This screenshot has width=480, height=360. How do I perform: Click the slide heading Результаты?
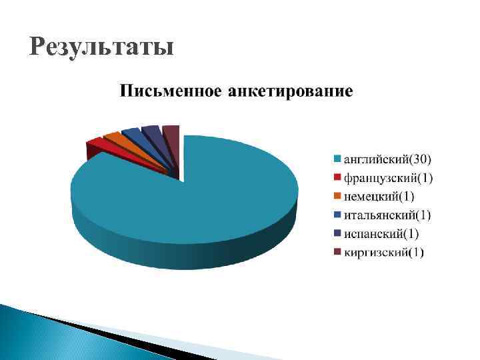tap(101, 48)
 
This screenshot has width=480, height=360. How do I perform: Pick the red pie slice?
tap(95, 144)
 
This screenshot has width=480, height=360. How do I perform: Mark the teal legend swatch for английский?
tap(337, 159)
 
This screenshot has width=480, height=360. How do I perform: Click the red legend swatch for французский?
tap(337, 177)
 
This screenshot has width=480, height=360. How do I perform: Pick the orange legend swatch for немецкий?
tap(337, 196)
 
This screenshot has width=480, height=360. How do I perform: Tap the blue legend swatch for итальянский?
tap(337, 215)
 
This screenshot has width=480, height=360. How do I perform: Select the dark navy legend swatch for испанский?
tap(337, 233)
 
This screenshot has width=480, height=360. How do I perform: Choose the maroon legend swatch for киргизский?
tap(337, 252)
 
